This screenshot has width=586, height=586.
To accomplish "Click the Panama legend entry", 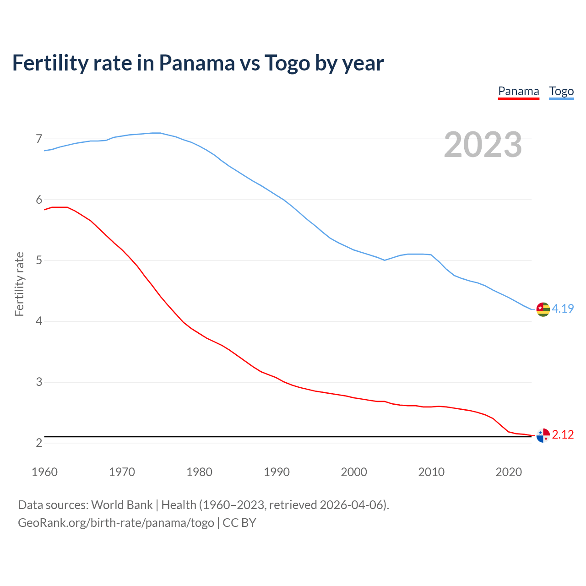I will click(x=518, y=91).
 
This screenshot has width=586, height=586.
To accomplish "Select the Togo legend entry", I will click(x=561, y=91).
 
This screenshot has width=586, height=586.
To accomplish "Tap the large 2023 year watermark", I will click(x=483, y=145).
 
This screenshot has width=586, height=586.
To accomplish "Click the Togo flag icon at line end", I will click(x=543, y=309).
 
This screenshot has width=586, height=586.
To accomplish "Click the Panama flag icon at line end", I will click(x=543, y=435).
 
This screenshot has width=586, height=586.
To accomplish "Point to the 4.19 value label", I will click(x=563, y=309).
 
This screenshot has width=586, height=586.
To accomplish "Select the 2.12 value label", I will click(x=563, y=434).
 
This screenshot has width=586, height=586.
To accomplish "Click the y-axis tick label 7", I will click(x=39, y=139).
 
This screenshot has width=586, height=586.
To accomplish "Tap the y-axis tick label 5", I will click(x=39, y=260).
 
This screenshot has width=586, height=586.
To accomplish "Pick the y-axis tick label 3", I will click(x=39, y=382).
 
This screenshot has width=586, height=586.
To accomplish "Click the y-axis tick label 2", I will click(x=39, y=443).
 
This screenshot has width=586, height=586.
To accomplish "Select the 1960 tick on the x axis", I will click(x=44, y=472).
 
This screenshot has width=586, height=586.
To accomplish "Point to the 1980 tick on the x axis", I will click(x=199, y=472).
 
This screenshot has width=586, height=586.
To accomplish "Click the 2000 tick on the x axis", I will click(x=354, y=472).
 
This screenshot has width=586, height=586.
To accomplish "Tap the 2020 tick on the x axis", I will click(x=509, y=472).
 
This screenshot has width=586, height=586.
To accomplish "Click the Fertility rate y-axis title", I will click(x=19, y=284).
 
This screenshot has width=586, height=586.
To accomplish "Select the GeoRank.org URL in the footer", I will click(x=116, y=523).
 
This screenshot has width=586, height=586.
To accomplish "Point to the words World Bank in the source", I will click(x=122, y=505).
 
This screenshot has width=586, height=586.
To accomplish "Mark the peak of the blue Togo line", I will click(x=156, y=133).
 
